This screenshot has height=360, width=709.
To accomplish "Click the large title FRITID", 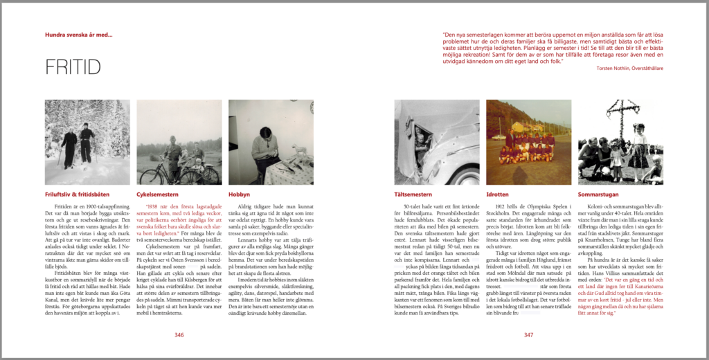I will (73, 67).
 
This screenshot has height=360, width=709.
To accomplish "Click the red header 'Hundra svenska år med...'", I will (78, 35).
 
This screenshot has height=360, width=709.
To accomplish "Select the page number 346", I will (179, 335).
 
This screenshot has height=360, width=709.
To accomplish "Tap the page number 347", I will (528, 335).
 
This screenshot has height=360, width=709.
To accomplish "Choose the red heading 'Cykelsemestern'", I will (159, 195).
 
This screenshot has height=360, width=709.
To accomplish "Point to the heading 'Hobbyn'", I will (240, 195).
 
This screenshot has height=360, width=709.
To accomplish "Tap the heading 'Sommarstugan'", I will (598, 195).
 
